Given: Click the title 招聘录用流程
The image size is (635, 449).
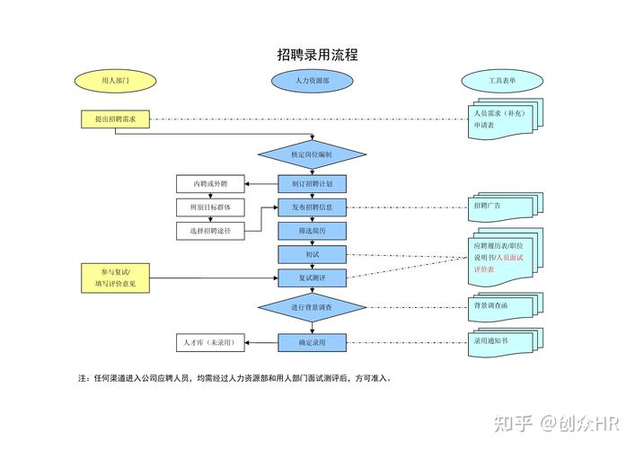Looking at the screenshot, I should [317, 55].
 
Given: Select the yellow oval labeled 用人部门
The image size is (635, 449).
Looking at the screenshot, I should [115, 81].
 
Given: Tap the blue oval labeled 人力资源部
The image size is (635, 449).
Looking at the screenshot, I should [312, 81].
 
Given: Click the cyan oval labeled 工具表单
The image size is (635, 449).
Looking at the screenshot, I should [501, 81].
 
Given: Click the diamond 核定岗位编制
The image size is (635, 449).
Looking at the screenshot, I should [312, 154].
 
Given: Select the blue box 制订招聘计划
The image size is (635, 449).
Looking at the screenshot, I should [312, 183].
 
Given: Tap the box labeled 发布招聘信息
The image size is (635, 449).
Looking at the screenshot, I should [312, 207].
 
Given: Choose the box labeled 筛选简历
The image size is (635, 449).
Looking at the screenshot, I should [312, 231].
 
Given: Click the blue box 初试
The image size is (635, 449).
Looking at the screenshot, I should [312, 254].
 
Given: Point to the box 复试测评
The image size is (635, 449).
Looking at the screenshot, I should [312, 277].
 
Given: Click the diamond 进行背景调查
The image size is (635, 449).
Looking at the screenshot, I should [312, 308].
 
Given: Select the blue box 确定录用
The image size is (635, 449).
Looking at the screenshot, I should [312, 342].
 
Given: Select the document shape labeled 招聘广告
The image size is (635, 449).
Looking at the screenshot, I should [501, 207].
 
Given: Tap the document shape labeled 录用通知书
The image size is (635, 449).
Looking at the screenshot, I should [501, 342].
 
